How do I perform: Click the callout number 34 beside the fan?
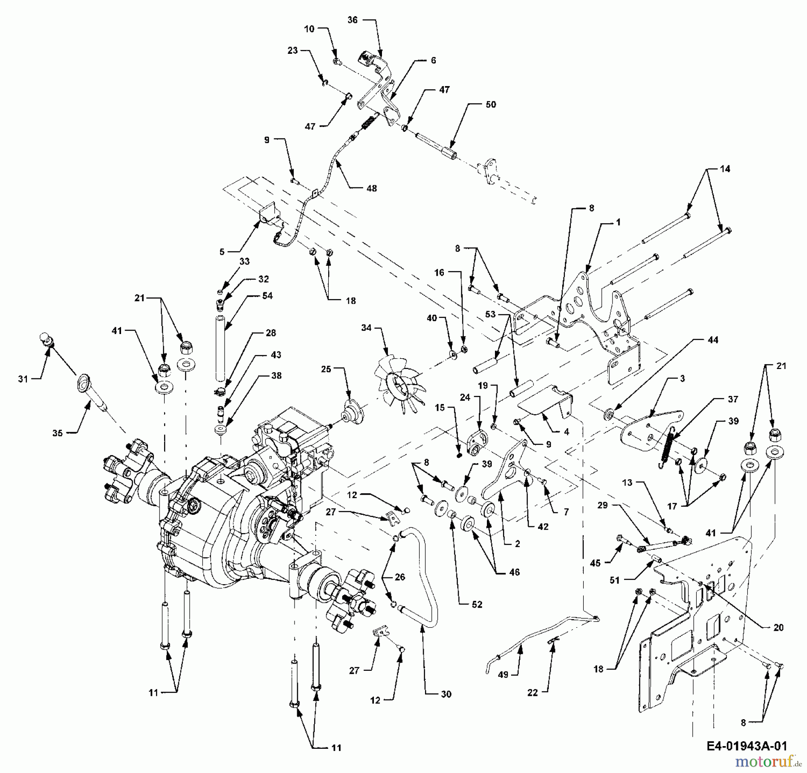tap(366, 328)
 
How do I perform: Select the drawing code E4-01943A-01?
tap(746, 746)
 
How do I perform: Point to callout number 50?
tap(490, 104)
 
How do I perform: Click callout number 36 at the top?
tap(353, 20)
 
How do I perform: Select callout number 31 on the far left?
tap(23, 379)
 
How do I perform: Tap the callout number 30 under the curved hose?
tap(446, 694)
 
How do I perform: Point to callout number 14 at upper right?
tap(725, 169)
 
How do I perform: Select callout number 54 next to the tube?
tap(267, 295)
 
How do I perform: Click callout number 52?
tap(477, 604)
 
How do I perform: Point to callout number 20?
tap(779, 627)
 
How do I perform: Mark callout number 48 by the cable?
tap(371, 188)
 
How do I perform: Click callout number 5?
tap(222, 252)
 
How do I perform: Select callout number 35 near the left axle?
tap(58, 433)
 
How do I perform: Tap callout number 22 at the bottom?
tap(532, 693)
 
